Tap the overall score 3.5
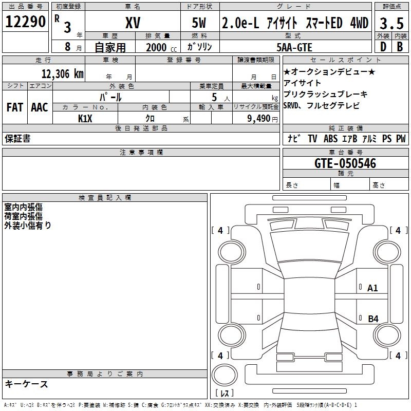click(391, 24)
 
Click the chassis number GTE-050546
click(345, 163)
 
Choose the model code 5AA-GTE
click(294, 47)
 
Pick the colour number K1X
click(85, 118)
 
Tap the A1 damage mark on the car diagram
click(372, 288)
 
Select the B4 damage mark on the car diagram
click(373, 319)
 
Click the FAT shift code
click(14, 107)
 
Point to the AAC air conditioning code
click(40, 107)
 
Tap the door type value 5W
click(200, 23)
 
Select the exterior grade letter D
click(382, 47)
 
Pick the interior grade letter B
click(400, 47)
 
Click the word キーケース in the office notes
click(27, 384)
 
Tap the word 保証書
click(17, 139)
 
